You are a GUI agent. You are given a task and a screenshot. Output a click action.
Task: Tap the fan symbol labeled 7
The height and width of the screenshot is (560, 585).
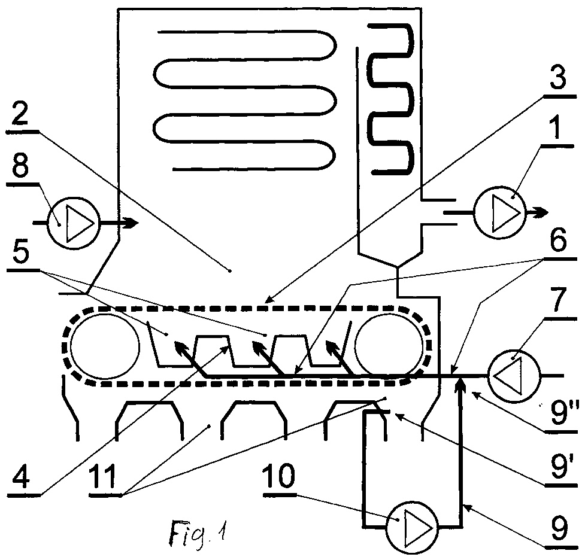pos(514,376)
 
